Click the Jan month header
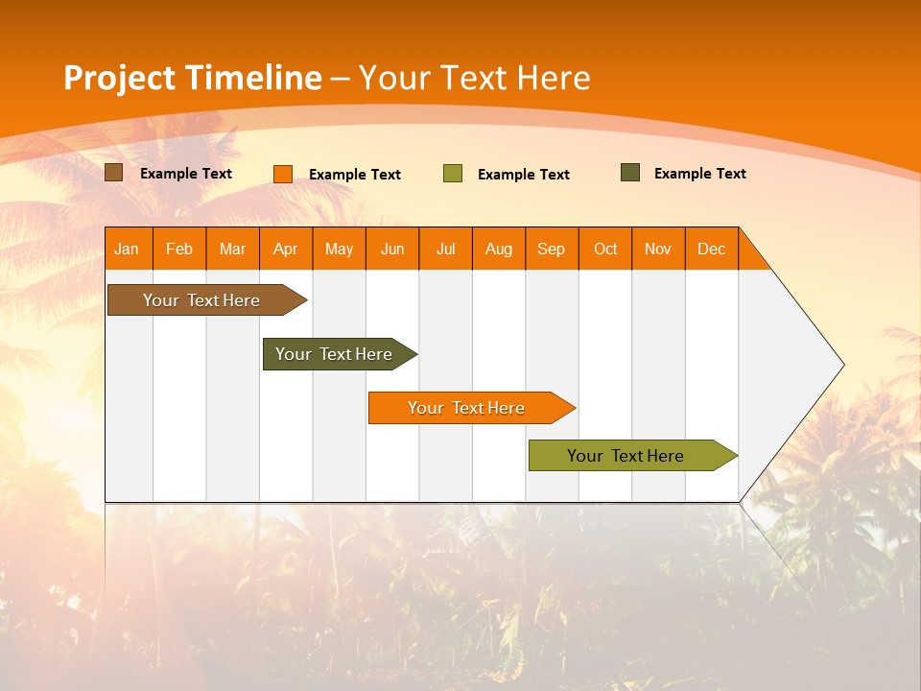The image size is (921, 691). (x=128, y=249)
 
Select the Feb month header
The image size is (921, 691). (x=179, y=249)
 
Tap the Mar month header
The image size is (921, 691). (x=232, y=249)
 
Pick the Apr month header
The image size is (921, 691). (x=286, y=249)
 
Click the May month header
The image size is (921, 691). (x=339, y=249)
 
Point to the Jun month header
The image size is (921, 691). (x=392, y=249)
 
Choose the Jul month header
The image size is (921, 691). (x=445, y=249)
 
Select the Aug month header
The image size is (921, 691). (x=499, y=249)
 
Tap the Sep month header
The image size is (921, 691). (x=552, y=249)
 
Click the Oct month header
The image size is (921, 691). (x=605, y=249)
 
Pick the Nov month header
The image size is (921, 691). (x=658, y=249)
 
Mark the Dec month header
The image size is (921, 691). (x=712, y=249)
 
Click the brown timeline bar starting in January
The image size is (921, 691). (x=202, y=300)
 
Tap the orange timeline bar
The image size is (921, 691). (x=467, y=408)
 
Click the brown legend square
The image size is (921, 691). (x=114, y=173)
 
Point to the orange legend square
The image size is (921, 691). (x=283, y=174)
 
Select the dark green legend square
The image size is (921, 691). (x=630, y=173)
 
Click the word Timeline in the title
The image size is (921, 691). (x=252, y=78)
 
